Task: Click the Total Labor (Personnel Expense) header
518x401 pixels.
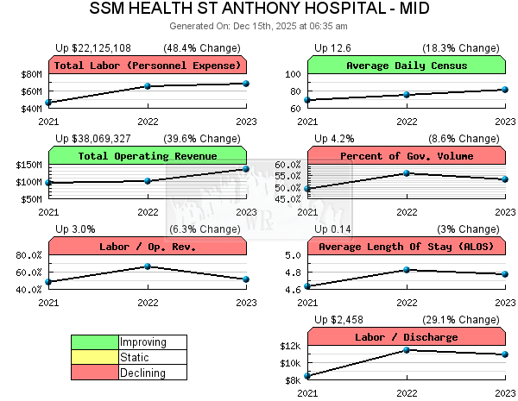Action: point(148,66)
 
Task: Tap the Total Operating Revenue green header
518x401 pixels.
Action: point(148,155)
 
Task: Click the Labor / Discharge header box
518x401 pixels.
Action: point(406,336)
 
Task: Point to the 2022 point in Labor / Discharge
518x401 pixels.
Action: point(407,349)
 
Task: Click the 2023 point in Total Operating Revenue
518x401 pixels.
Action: point(246,168)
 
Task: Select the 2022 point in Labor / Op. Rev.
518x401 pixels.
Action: point(148,266)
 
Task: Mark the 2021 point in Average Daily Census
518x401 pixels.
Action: point(308,100)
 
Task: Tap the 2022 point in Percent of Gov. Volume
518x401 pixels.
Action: point(407,173)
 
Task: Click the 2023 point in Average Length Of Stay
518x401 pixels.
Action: point(505,274)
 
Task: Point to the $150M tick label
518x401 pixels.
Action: point(29,165)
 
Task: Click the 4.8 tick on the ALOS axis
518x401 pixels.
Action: point(294,273)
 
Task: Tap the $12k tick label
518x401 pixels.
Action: point(290,346)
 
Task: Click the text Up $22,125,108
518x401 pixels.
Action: point(93,47)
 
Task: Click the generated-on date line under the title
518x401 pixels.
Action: point(259,26)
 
